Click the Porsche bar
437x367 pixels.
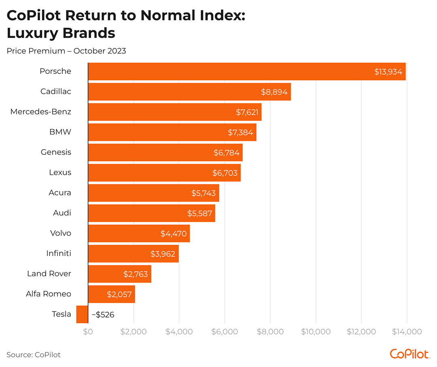246,71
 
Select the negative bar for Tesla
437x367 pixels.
82,314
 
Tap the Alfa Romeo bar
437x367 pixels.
111,294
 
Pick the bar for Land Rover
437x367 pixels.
119,274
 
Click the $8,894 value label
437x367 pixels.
274,92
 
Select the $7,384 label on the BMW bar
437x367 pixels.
241,132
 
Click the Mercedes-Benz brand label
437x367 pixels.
40,112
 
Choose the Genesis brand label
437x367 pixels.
56,152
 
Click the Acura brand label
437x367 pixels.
59,193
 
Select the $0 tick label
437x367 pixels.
88,332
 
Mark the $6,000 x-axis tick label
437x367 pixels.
225,332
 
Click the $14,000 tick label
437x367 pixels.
407,332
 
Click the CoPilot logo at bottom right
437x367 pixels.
409,354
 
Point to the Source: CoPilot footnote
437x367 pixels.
34,355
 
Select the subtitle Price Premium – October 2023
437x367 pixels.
66,51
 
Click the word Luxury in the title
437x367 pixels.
33,33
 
